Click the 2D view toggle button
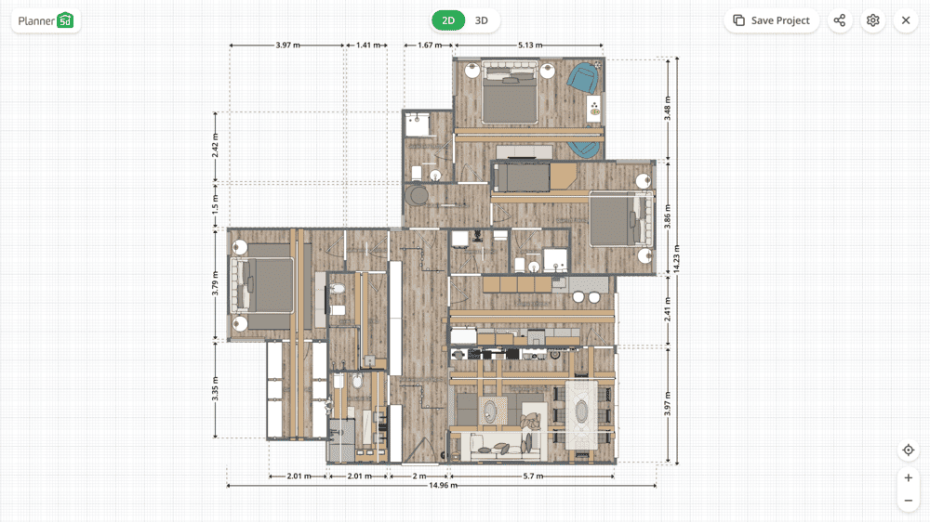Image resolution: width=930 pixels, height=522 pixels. point(449,20)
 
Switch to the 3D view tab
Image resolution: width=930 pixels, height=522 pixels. point(482,20)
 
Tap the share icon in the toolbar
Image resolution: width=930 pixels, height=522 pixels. point(840,20)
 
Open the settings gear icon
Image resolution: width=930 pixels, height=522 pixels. point(872,20)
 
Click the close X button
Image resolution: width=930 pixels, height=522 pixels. point(906,20)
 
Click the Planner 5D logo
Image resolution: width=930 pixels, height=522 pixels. point(46,20)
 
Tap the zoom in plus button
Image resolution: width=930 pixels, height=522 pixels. point(909,477)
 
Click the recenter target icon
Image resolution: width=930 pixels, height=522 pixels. point(909,450)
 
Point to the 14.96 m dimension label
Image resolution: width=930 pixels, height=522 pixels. point(443,485)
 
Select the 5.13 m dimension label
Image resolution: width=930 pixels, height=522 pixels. point(530,45)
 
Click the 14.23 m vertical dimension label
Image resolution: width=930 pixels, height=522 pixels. point(677,258)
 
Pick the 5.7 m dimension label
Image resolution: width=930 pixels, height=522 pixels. point(531,476)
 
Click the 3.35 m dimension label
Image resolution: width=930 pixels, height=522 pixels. point(216,389)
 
